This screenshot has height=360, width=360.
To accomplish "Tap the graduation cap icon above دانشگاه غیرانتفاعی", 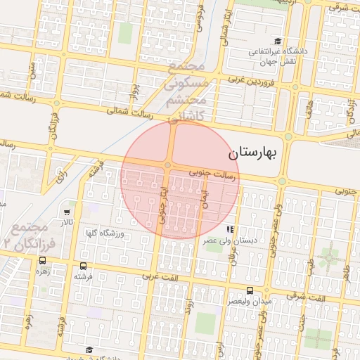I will click(x=278, y=41).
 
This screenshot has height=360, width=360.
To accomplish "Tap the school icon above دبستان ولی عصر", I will click(x=229, y=230).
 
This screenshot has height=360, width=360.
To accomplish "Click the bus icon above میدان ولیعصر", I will click(x=250, y=290).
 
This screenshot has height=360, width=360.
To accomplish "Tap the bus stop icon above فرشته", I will click(x=84, y=266).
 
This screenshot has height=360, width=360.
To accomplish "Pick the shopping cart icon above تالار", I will click(x=67, y=212).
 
